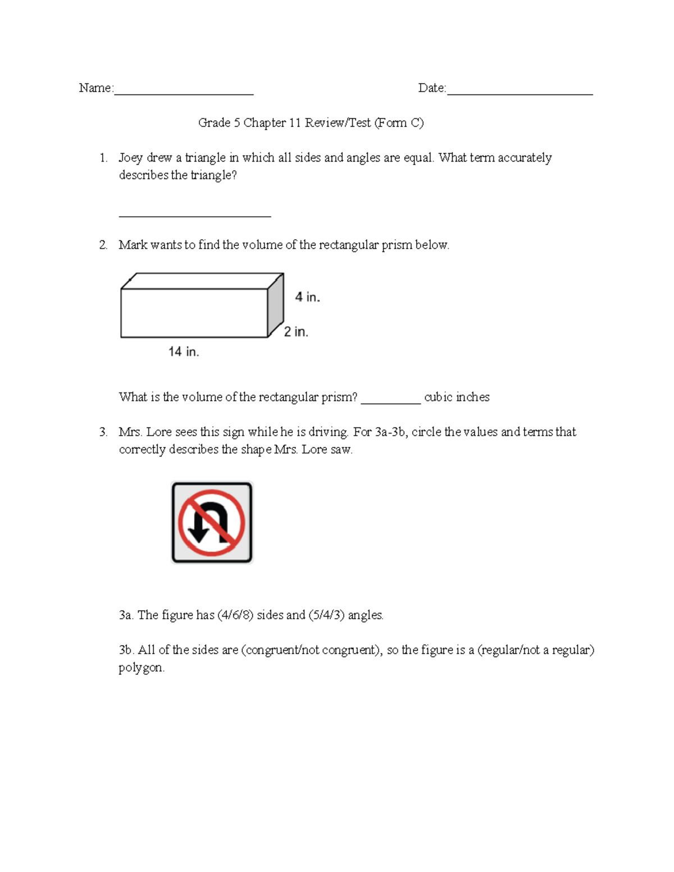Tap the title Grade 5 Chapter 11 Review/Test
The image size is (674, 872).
(311, 122)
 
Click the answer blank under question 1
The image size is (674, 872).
(195, 214)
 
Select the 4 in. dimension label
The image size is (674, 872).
(307, 297)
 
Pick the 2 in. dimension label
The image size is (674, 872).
(296, 332)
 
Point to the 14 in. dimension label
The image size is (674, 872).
(184, 351)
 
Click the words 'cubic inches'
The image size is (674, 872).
(457, 397)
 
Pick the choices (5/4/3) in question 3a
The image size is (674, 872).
(326, 615)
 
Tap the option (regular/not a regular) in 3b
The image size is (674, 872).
(536, 650)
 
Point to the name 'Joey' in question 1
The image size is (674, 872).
(130, 158)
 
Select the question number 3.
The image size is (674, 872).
(103, 432)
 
